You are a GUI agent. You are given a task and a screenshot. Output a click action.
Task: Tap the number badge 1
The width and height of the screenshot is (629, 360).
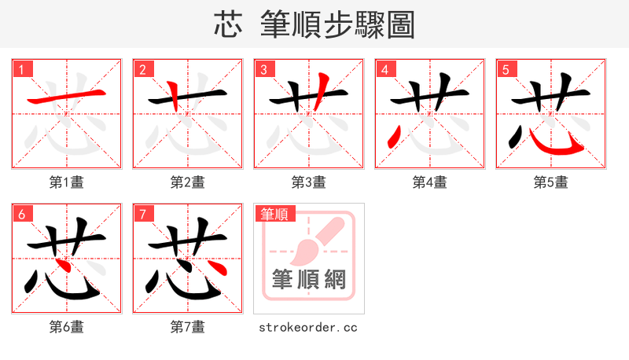pos(21,69)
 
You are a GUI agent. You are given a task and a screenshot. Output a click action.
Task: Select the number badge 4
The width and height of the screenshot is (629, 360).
pos(384,69)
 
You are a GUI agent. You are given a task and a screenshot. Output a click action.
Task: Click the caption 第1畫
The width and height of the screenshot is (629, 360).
pos(66,182)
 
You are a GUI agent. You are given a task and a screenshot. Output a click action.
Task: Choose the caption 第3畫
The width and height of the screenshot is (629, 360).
pos(308,182)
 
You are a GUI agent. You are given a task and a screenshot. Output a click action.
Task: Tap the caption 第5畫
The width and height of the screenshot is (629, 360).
pos(550,182)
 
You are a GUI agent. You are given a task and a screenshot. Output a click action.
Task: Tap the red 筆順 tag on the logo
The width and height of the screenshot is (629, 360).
pos(274,214)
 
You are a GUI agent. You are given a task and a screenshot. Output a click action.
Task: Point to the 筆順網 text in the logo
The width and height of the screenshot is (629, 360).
pos(308,280)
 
